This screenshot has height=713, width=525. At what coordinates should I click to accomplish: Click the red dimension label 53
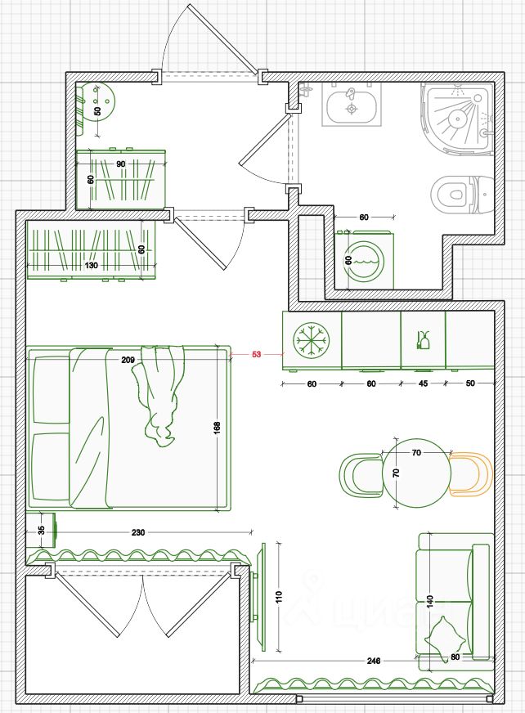pos(256,355)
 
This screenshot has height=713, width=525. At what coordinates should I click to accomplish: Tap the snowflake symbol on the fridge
pos(311,339)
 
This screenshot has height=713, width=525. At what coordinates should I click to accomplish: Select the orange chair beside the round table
pos(471,475)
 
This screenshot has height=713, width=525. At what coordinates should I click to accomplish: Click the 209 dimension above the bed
pos(128,360)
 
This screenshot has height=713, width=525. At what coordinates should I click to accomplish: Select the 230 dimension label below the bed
pos(138,532)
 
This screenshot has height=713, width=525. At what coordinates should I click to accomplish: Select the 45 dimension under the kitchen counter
pos(423,383)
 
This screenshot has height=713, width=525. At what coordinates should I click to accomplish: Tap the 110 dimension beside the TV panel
pos(278,597)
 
